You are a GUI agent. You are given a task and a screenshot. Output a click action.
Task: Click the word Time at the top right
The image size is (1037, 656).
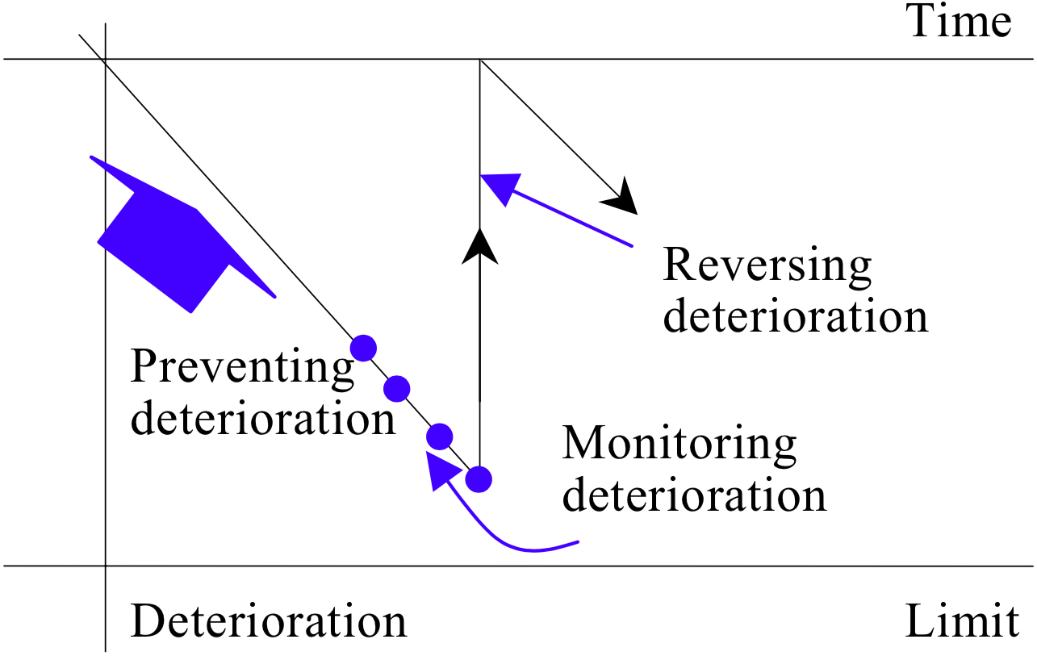pos(959,23)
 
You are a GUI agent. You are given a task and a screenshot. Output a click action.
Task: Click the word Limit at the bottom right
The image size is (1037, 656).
pos(961,622)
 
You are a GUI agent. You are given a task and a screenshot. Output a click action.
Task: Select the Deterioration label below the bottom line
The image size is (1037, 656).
pos(269,622)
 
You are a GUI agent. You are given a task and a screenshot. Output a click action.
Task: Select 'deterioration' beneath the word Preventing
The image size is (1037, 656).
pos(263,419)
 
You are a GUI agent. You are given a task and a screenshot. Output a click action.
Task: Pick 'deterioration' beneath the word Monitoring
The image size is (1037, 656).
pos(695,495)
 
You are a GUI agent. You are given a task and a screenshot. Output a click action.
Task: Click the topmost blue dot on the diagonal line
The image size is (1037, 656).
pos(364,347)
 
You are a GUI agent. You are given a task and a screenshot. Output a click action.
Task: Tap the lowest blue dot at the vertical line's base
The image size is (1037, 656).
pos(479,478)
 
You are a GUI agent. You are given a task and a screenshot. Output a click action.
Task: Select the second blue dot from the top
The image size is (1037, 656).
pos(397,389)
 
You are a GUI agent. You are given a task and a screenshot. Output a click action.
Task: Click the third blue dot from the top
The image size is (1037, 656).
pos(439,437)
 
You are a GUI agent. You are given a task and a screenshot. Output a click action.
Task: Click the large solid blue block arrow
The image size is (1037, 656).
pos(169,242)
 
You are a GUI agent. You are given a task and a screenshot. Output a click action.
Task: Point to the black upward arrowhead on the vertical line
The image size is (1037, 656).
pos(480,245)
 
